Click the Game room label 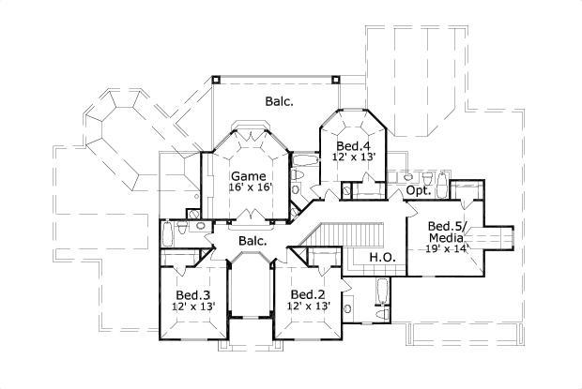pyautogui.click(x=249, y=175)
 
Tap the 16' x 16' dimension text pyautogui.click(x=249, y=187)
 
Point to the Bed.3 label pyautogui.click(x=192, y=294)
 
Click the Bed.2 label pyautogui.click(x=308, y=294)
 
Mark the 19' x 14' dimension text pyautogui.click(x=446, y=248)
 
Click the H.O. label pyautogui.click(x=380, y=257)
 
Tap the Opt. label pyautogui.click(x=419, y=190)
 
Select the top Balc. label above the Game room pyautogui.click(x=279, y=102)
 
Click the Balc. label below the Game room pyautogui.click(x=252, y=241)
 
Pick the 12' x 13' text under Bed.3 pyautogui.click(x=192, y=307)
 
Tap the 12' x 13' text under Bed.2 pyautogui.click(x=308, y=307)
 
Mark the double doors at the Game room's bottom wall pyautogui.click(x=250, y=217)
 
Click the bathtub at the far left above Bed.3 pyautogui.click(x=167, y=232)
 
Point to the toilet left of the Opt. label pyautogui.click(x=394, y=178)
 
